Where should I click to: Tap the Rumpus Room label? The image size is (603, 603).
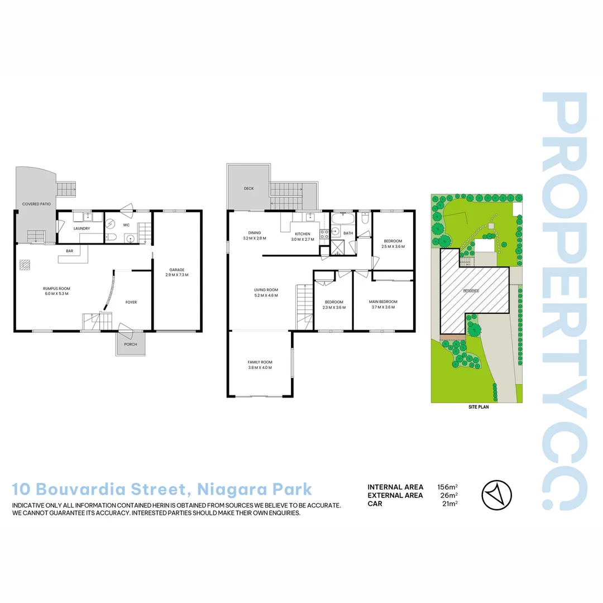click(56, 288)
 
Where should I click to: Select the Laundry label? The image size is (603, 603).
click(82, 228)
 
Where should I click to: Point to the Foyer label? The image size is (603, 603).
click(131, 302)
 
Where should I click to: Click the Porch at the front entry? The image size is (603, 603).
click(131, 344)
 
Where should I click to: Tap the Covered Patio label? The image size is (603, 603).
click(36, 204)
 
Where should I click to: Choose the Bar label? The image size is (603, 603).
click(70, 251)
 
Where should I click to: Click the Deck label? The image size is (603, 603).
click(248, 189)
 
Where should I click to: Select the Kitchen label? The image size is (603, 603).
click(303, 233)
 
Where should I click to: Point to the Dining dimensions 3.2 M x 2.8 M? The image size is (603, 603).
click(255, 238)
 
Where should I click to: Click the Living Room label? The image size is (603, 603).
click(266, 290)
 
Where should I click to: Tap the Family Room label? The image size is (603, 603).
click(260, 362)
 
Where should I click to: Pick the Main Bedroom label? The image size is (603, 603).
click(383, 302)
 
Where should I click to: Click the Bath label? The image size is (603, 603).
click(348, 233)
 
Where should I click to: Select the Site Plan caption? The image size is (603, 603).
click(478, 408)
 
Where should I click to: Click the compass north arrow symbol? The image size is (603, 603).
click(496, 495)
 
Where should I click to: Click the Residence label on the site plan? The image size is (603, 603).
click(471, 291)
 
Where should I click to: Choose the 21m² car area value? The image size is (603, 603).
click(449, 504)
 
